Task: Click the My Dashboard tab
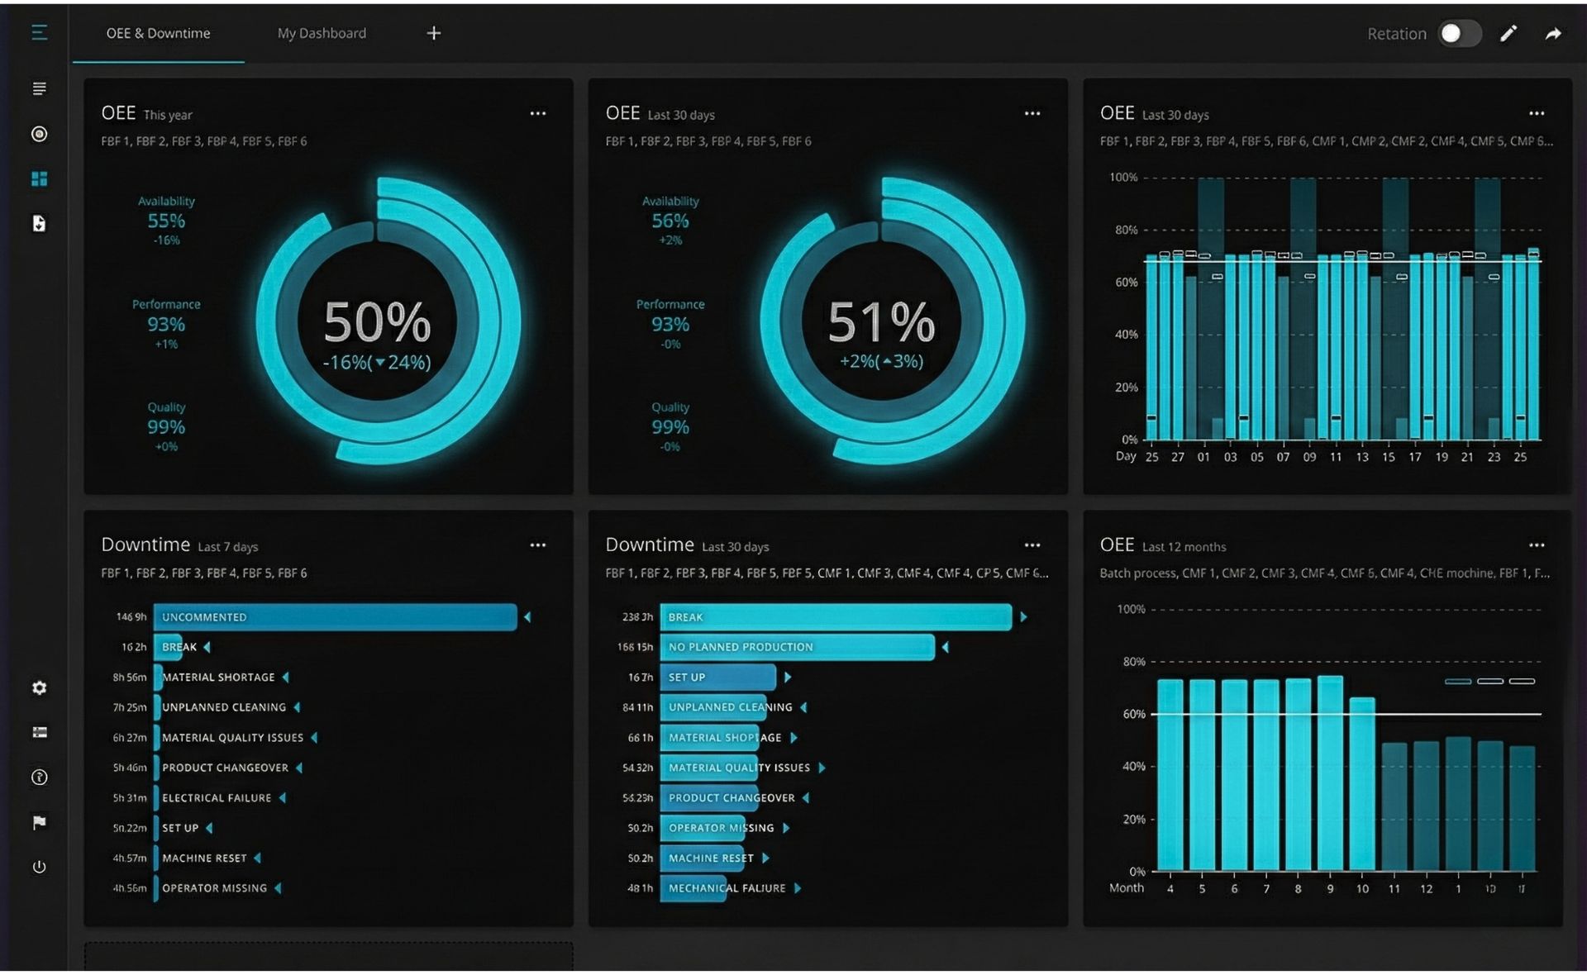click(322, 33)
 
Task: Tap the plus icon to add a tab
click(434, 33)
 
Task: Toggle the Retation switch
click(1459, 33)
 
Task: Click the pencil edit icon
click(1508, 33)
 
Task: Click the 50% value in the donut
click(377, 322)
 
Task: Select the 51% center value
click(881, 322)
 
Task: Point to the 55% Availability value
click(166, 221)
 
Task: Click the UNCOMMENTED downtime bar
click(335, 617)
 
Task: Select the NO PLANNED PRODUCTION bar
click(797, 647)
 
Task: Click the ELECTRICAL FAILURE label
click(217, 798)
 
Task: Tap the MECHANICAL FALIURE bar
click(693, 888)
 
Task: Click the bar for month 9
click(1330, 773)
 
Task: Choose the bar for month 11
click(1394, 806)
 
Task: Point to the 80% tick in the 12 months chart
click(1133, 662)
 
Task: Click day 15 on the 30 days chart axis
click(1389, 457)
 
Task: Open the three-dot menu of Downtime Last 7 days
click(538, 545)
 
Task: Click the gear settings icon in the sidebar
click(39, 687)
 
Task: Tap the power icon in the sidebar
click(39, 867)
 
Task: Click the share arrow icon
click(1553, 33)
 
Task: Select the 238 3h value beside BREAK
click(636, 617)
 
